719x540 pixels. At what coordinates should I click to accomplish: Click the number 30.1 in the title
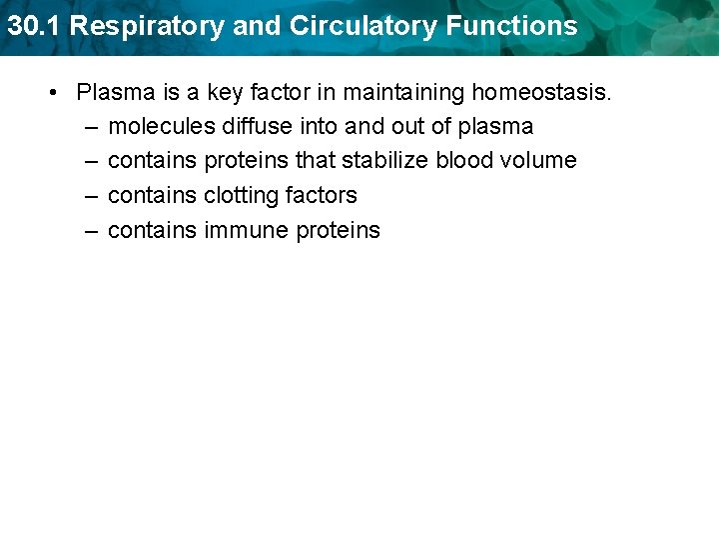pyautogui.click(x=34, y=26)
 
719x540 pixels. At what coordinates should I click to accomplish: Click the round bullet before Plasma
pyautogui.click(x=52, y=93)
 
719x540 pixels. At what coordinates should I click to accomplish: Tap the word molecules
pyautogui.click(x=161, y=127)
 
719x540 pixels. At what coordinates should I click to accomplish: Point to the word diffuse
pyautogui.click(x=258, y=127)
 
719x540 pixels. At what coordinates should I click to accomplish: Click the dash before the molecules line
pyautogui.click(x=91, y=127)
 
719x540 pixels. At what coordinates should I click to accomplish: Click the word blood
pyautogui.click(x=463, y=161)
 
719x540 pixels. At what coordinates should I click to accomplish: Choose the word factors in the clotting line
pyautogui.click(x=320, y=196)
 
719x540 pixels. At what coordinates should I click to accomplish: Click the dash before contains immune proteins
pyautogui.click(x=91, y=230)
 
